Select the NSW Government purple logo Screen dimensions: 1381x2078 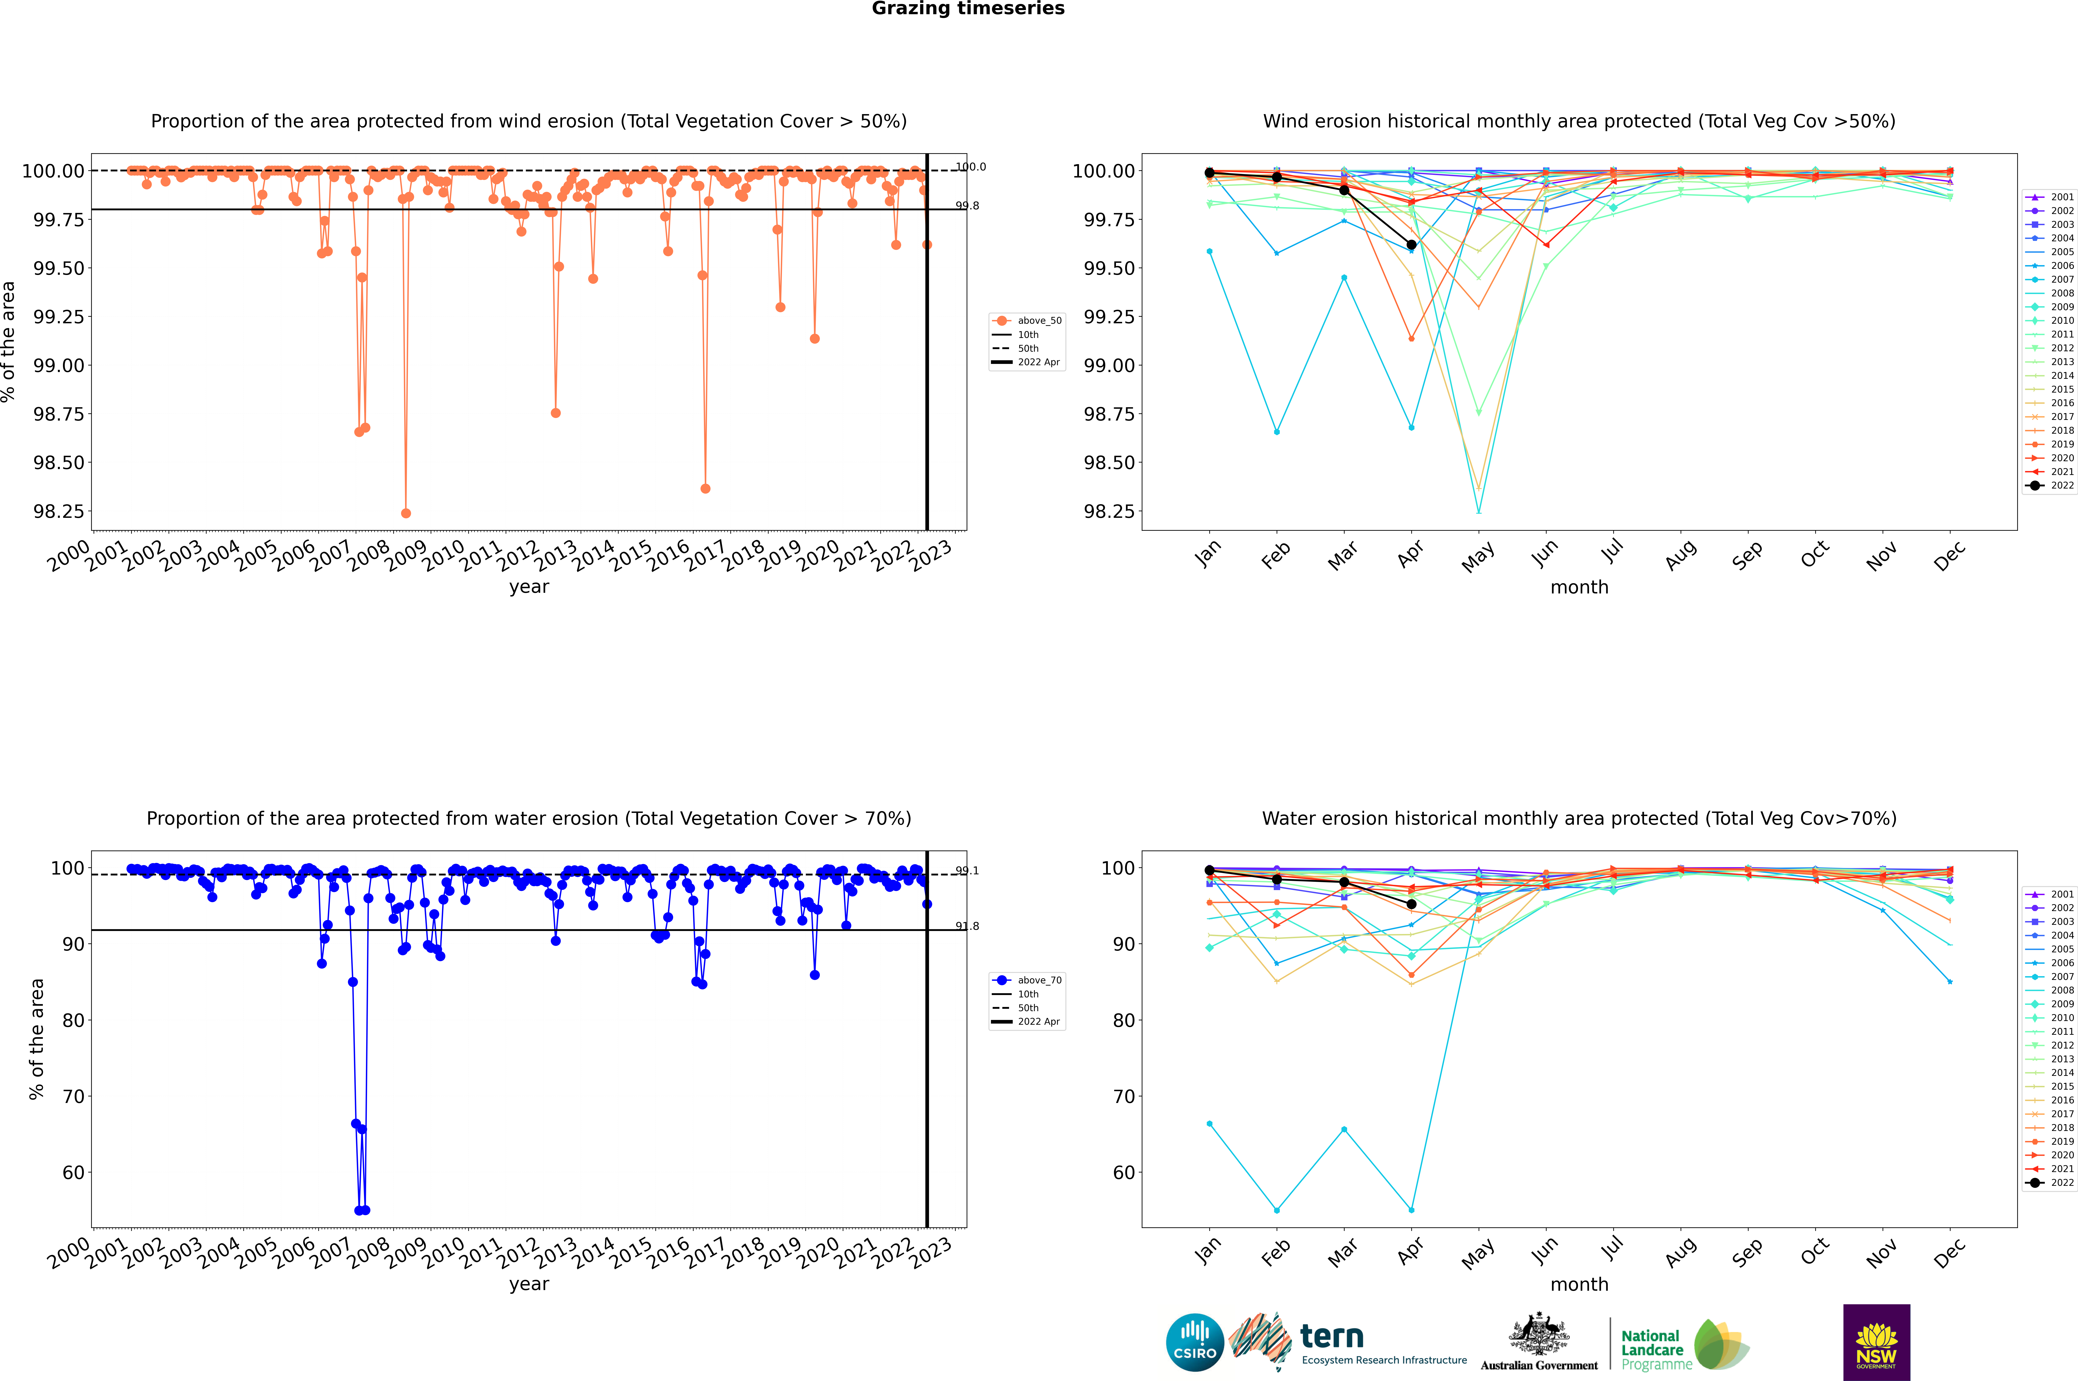coord(1876,1342)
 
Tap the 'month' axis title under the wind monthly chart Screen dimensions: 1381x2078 coord(1579,588)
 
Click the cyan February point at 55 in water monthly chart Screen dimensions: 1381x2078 coord(1276,1210)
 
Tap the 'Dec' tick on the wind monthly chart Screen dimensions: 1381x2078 coord(1949,556)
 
